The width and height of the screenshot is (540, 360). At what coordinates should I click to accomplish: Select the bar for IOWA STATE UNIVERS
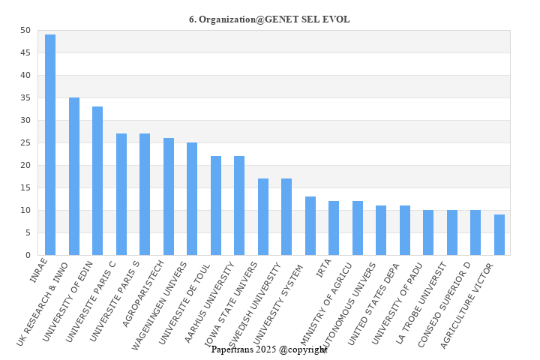(263, 217)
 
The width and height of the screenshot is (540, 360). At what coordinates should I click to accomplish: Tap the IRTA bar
(334, 228)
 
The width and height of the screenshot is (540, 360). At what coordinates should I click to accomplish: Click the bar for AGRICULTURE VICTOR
(499, 235)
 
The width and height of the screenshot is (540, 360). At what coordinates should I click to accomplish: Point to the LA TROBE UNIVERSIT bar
(452, 232)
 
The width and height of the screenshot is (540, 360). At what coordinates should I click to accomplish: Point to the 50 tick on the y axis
(25, 30)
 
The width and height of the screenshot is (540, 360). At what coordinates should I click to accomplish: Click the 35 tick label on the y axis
(25, 97)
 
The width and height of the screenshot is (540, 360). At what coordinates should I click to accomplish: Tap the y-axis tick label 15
(25, 187)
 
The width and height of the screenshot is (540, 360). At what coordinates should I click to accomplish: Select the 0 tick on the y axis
(28, 255)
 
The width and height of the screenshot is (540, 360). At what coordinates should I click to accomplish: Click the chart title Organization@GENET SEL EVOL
(269, 19)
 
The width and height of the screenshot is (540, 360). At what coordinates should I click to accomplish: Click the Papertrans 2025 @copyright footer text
(269, 349)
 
